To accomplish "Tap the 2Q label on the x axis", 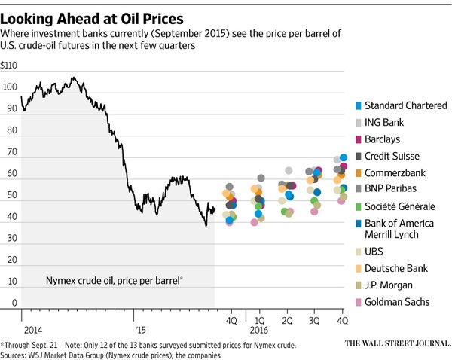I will (287, 320).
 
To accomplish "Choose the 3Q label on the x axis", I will (315, 320).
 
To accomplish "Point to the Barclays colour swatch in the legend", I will (357, 139).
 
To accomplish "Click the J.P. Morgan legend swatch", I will (357, 285).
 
